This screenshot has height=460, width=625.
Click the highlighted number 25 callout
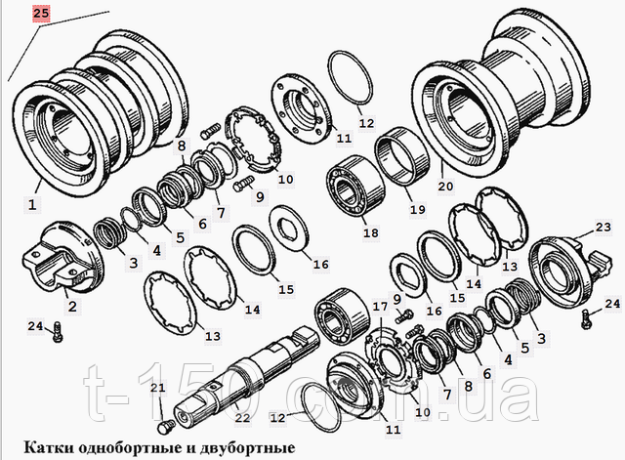click(x=41, y=14)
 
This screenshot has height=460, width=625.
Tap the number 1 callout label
click(x=32, y=205)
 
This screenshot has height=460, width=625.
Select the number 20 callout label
click(x=445, y=186)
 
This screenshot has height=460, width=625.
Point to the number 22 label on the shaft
click(x=242, y=417)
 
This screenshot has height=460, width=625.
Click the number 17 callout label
click(x=380, y=306)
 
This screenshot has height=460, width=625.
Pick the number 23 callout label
click(x=604, y=227)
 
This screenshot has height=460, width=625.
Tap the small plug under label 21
click(x=165, y=429)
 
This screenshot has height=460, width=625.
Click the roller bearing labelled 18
click(x=355, y=187)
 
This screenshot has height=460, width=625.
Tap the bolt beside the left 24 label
click(x=57, y=333)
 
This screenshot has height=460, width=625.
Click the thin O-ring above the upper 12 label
click(x=351, y=78)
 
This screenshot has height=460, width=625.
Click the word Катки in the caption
click(x=49, y=447)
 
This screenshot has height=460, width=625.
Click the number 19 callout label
click(x=418, y=209)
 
